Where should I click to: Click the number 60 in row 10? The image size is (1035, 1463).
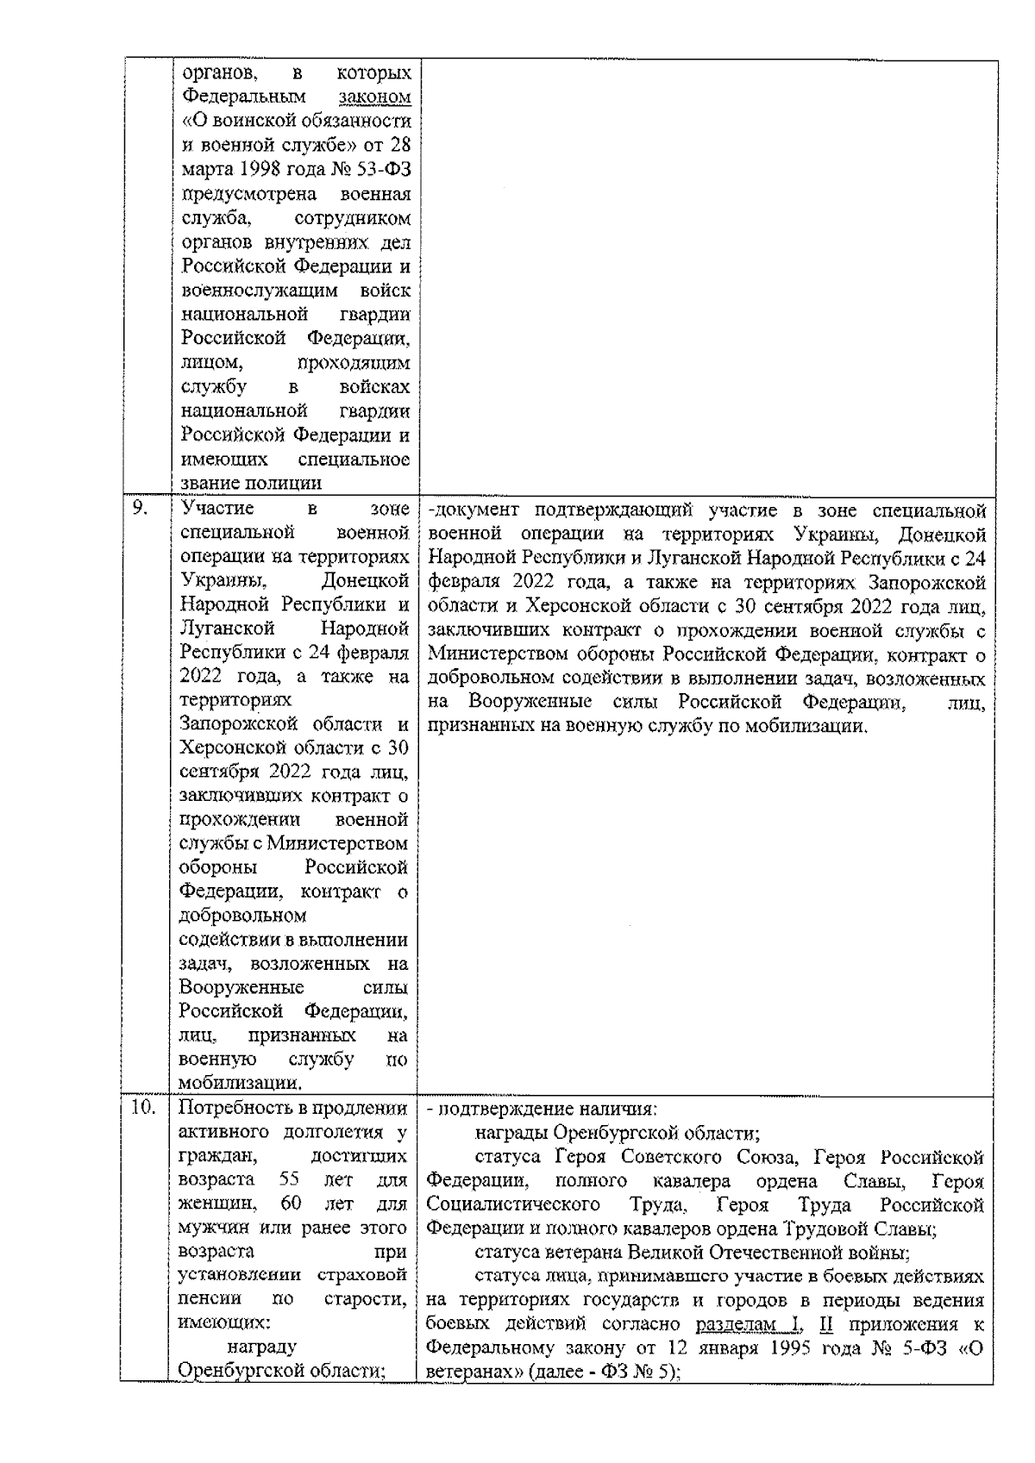coord(291,1203)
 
